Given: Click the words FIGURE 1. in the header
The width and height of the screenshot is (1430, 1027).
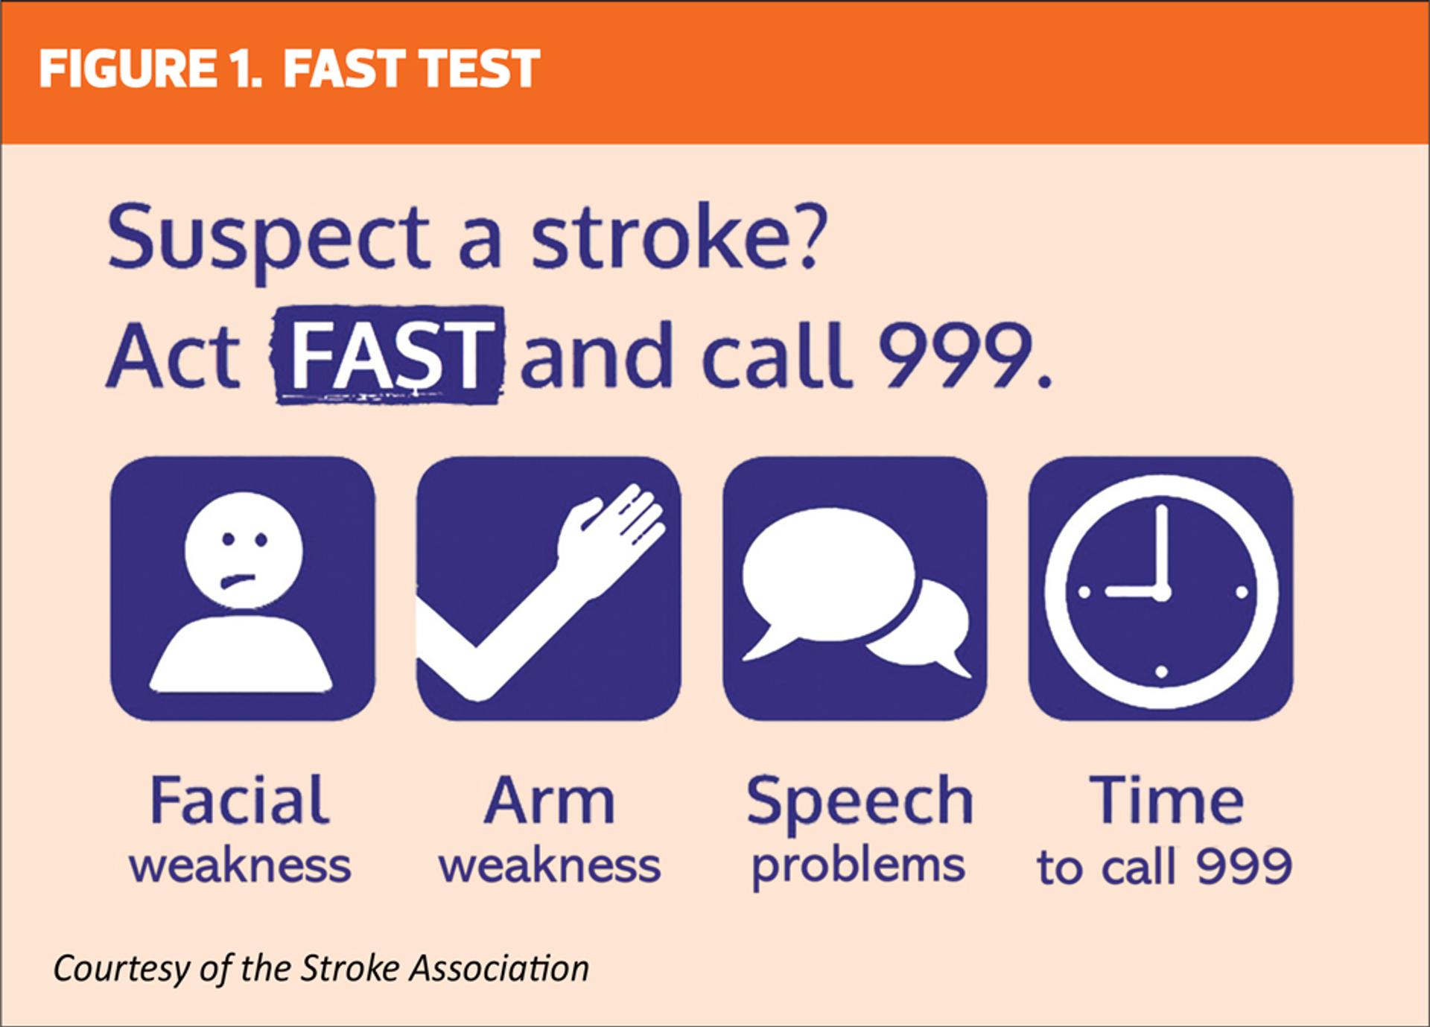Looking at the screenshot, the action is pos(150,69).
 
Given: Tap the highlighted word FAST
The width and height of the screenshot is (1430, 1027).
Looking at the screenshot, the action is pos(390,355).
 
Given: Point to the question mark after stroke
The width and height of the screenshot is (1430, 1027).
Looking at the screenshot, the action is pos(807,236).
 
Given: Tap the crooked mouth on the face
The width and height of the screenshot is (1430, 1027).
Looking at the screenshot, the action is pos(238,580).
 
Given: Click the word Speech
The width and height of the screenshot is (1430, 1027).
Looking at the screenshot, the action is pos(860,805).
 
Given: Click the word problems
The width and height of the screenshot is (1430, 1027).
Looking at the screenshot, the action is pos(858,868).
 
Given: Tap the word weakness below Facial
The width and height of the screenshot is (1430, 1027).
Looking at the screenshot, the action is pos(240,867).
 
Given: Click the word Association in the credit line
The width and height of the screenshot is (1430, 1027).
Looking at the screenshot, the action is pos(499,968).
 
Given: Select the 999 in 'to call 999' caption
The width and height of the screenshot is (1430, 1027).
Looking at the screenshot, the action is pos(1244,866).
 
